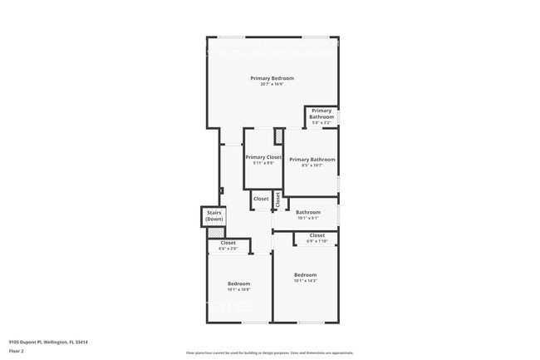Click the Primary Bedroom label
pyautogui.click(x=272, y=78)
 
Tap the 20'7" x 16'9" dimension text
pyautogui.click(x=272, y=84)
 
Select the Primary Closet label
pyautogui.click(x=263, y=157)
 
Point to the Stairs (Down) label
pyautogui.click(x=214, y=215)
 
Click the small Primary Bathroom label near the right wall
pyautogui.click(x=322, y=114)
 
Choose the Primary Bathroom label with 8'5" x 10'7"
pyautogui.click(x=312, y=160)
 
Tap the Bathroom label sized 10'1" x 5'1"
pyautogui.click(x=308, y=212)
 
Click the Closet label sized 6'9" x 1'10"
pyautogui.click(x=317, y=235)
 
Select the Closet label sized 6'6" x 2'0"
pyautogui.click(x=228, y=243)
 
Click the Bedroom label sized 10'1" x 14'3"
pyautogui.click(x=305, y=274)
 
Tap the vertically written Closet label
pyautogui.click(x=277, y=200)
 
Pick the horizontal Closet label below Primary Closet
pyautogui.click(x=261, y=199)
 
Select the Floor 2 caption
pyautogui.click(x=17, y=351)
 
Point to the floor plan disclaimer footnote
pyautogui.click(x=269, y=353)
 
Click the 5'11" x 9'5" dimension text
pyautogui.click(x=263, y=163)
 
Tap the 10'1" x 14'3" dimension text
pyautogui.click(x=305, y=280)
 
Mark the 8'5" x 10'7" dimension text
pyautogui.click(x=312, y=165)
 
